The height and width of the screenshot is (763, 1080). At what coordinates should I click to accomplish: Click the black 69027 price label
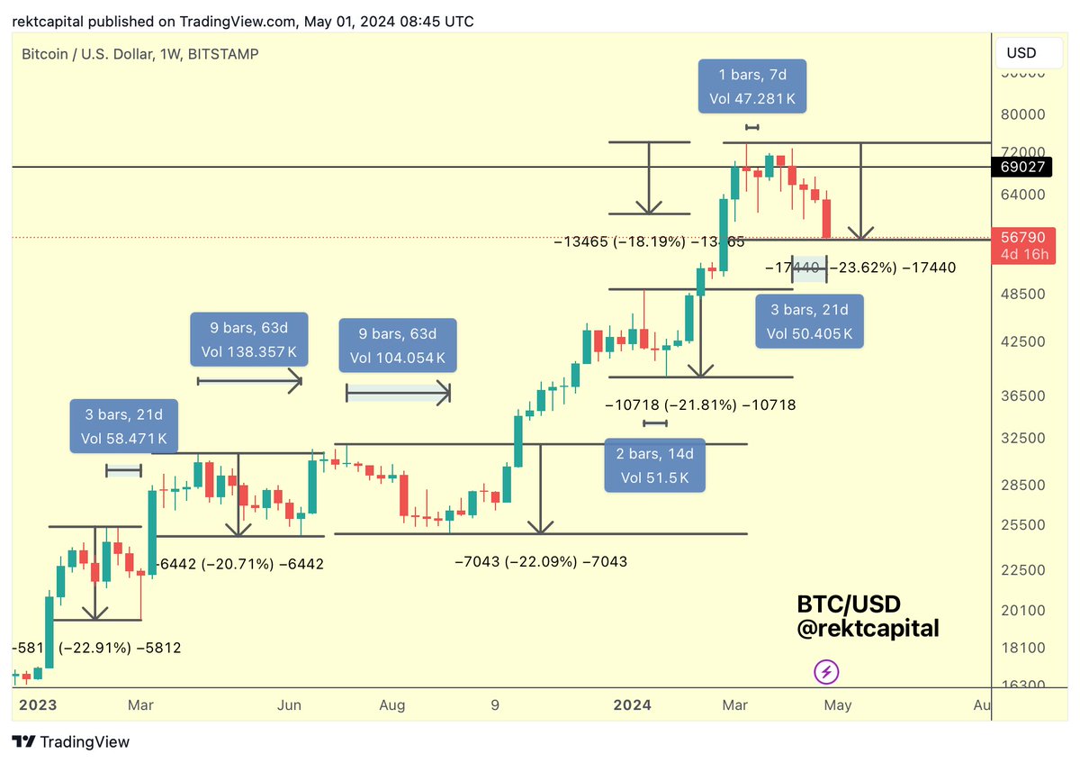click(1021, 168)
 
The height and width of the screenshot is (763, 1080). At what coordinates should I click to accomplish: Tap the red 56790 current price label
click(1021, 238)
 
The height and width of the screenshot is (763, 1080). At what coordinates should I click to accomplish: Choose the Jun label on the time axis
click(289, 706)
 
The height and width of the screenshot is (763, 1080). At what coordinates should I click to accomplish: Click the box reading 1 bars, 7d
click(752, 87)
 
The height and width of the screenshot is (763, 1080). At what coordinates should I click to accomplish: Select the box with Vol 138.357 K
click(249, 339)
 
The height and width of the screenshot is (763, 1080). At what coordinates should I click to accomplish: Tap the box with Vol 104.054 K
click(397, 345)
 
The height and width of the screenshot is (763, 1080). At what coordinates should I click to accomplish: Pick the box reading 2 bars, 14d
click(654, 466)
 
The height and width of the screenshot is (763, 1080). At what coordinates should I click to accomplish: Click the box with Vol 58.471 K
click(124, 426)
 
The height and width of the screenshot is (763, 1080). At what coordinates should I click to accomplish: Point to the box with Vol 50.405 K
click(809, 322)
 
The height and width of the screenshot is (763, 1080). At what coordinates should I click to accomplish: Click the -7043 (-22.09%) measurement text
click(541, 561)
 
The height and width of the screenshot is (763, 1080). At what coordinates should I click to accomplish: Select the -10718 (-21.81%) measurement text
click(701, 405)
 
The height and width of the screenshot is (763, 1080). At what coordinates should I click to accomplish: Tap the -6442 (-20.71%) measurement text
click(240, 564)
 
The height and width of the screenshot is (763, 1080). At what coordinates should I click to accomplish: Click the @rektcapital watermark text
click(868, 629)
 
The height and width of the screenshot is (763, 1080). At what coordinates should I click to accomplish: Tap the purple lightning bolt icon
click(827, 671)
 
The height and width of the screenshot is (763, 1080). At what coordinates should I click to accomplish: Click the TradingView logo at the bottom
click(72, 741)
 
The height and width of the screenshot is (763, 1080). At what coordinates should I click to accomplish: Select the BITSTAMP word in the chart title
click(226, 54)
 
